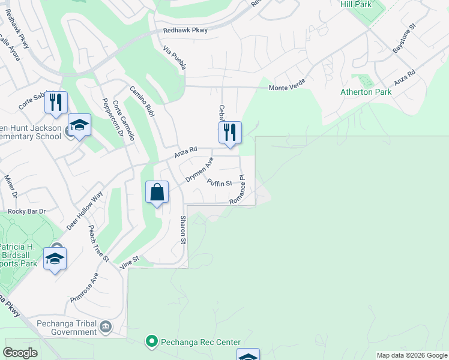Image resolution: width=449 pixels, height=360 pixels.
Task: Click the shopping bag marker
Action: (157, 193)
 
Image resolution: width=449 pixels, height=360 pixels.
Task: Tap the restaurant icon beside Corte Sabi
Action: (56, 102)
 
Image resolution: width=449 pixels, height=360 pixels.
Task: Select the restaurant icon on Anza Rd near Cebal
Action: (229, 133)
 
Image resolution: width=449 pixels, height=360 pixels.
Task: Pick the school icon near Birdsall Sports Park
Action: (55, 259)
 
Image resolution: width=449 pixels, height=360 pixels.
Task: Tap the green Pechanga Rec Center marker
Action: (151, 341)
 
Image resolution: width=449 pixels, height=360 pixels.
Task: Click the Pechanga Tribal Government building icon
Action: (106, 326)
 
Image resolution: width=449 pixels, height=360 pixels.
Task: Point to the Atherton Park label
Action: (366, 92)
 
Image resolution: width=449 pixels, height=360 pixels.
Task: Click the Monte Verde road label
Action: (287, 88)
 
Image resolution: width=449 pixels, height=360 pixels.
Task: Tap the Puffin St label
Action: (219, 182)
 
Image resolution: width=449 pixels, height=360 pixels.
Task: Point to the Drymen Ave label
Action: (200, 170)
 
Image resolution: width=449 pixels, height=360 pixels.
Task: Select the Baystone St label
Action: (404, 40)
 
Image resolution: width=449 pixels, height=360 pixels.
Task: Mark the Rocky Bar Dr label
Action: (26, 211)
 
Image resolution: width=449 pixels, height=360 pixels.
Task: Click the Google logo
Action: (20, 353)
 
